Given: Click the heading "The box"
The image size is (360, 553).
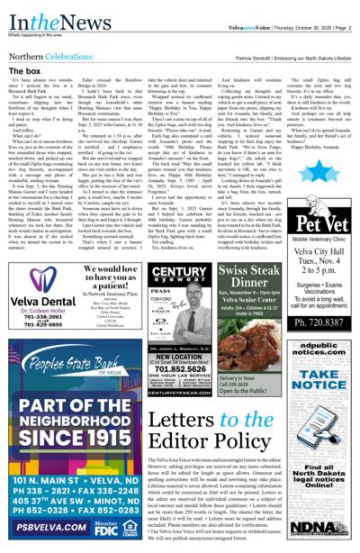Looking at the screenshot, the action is [x=23, y=69].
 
